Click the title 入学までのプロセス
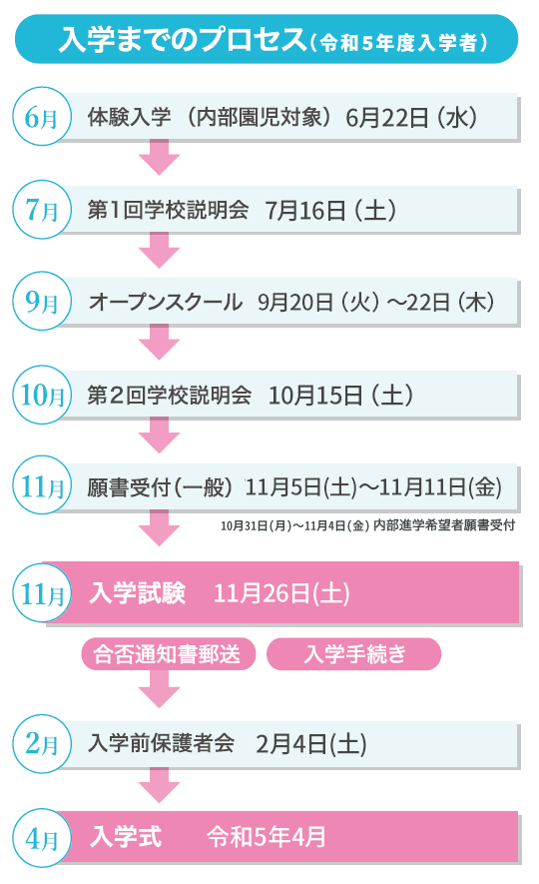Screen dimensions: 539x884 click(x=183, y=40)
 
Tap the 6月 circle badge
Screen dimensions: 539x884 click(x=42, y=116)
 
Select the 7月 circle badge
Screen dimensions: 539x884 click(x=42, y=209)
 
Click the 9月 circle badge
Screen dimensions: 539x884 click(x=42, y=301)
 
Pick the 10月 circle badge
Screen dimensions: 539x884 click(x=42, y=395)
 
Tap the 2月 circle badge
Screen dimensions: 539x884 click(x=42, y=743)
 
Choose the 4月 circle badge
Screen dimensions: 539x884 click(x=42, y=838)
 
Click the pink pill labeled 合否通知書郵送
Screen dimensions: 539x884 click(x=169, y=654)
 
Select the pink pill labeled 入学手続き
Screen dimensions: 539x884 click(x=353, y=654)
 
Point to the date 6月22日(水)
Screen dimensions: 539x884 click(x=411, y=117)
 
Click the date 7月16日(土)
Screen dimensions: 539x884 click(x=330, y=211)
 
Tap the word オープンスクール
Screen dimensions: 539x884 click(x=165, y=303)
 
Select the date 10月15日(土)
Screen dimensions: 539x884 click(x=340, y=396)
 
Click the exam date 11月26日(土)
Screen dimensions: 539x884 click(x=281, y=593)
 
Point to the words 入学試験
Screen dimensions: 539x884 click(x=138, y=593)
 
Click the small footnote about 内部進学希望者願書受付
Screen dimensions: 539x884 click(x=367, y=525)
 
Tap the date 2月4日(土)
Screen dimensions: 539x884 click(x=310, y=743)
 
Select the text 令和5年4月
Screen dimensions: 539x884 click(x=267, y=837)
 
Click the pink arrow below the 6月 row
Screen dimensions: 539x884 click(x=160, y=157)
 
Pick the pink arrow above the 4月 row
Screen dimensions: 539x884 click(x=160, y=786)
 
